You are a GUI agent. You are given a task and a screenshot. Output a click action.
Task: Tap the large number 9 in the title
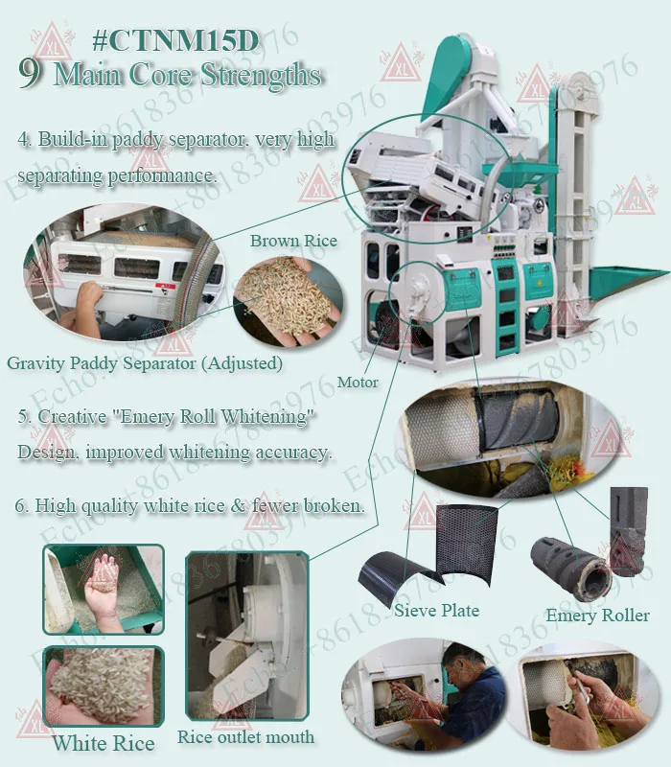(x=30, y=75)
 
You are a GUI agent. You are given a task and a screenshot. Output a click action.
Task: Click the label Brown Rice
(x=293, y=241)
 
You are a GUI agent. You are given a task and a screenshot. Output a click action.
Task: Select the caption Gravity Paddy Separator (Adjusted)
(x=144, y=363)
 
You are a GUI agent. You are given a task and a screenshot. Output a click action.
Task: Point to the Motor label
(x=358, y=383)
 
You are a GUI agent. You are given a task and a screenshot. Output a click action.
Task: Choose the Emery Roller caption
(x=597, y=616)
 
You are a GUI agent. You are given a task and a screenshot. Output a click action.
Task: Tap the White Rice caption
(x=104, y=743)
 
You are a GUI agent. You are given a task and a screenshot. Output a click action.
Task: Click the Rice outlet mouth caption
(x=245, y=737)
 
